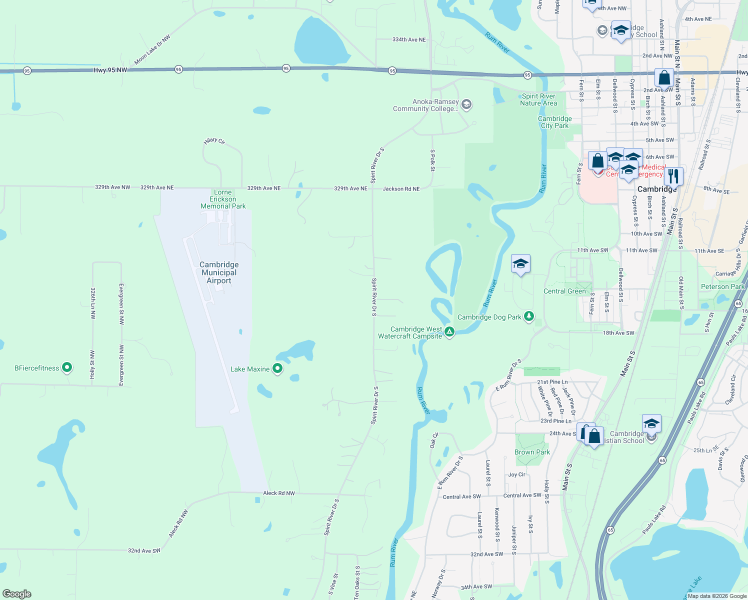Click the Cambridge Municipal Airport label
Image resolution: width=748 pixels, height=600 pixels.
tap(219, 272)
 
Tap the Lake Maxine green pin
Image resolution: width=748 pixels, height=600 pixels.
tap(277, 369)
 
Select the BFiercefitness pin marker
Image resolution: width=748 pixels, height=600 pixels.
tap(66, 368)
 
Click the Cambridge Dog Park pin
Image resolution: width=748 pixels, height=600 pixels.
tap(529, 316)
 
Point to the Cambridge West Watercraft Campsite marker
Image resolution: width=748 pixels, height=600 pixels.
tap(449, 331)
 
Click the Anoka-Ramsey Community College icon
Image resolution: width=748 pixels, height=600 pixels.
tap(466, 104)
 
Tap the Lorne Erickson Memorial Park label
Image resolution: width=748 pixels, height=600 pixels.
tap(223, 199)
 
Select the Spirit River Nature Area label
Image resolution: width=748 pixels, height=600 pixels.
tap(538, 99)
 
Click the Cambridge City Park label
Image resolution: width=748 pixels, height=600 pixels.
tap(554, 122)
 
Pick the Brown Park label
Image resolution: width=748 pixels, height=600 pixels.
tap(532, 452)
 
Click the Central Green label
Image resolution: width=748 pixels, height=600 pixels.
tap(564, 291)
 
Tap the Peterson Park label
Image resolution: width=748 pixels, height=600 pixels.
tap(722, 286)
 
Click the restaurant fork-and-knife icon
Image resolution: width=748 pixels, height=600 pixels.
tap(673, 176)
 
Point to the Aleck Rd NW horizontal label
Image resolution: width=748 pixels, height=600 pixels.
tap(279, 493)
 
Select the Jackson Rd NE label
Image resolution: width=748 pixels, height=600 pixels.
tap(401, 189)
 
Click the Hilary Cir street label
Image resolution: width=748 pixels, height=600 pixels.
tap(214, 141)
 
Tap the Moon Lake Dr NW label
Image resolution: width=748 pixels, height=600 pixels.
tap(152, 49)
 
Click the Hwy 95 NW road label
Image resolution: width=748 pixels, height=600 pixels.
tap(110, 70)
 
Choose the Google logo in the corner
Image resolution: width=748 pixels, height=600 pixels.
tap(17, 594)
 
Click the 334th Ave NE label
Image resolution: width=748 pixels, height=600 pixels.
tap(409, 39)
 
